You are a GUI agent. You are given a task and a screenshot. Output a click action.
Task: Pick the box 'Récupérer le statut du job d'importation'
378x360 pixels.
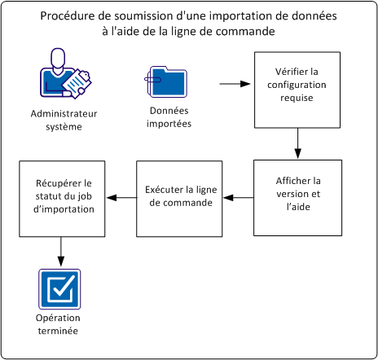pyautogui.click(x=62, y=198)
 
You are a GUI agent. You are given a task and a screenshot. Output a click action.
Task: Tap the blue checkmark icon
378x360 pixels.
pyautogui.click(x=60, y=288)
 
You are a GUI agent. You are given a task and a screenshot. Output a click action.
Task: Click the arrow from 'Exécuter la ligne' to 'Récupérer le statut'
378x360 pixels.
pyautogui.click(x=121, y=198)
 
